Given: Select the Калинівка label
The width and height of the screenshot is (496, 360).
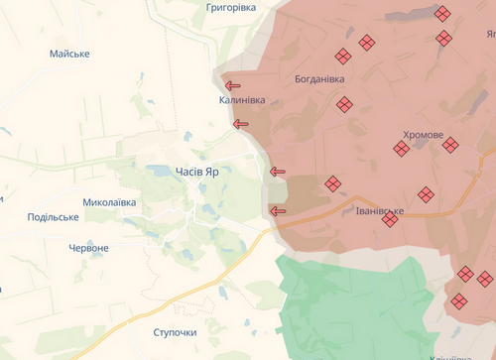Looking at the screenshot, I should (243, 101).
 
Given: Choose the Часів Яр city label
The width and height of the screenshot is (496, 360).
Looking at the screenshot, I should (197, 171).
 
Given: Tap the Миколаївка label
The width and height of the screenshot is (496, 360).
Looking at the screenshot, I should (109, 202).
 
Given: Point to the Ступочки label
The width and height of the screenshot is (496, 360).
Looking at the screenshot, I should (175, 331).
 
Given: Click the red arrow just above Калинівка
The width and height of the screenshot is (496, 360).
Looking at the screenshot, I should (234, 85).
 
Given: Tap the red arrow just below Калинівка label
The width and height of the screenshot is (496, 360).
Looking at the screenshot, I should (240, 124).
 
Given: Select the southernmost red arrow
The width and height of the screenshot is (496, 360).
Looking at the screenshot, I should (278, 210).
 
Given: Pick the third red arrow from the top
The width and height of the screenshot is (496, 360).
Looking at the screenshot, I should (278, 172).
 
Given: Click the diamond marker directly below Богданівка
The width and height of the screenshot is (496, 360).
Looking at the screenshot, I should (345, 104).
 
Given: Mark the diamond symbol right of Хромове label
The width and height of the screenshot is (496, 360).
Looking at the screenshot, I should (450, 145).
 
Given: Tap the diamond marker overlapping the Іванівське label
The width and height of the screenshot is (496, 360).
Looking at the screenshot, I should (390, 218).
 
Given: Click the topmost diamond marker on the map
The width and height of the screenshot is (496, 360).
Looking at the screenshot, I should (442, 13).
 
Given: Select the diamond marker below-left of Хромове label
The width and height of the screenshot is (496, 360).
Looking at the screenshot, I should (401, 149).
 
